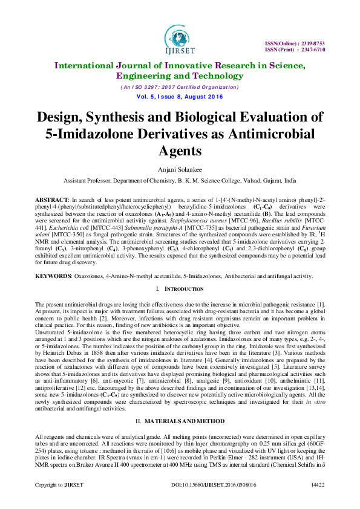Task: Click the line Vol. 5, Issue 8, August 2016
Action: tap(180, 97)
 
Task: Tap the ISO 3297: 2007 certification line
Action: tap(180, 87)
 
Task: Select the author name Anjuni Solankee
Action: tap(180, 171)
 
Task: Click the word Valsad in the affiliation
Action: tap(247, 180)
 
